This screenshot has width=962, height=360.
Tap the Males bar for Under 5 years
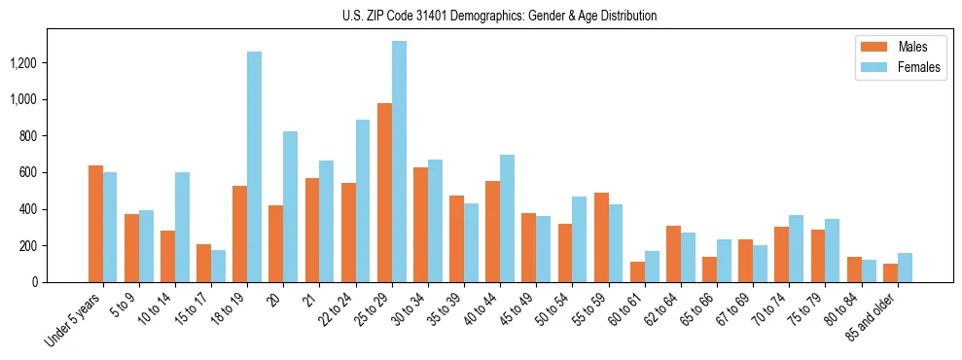(95, 224)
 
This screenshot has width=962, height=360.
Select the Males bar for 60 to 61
(637, 271)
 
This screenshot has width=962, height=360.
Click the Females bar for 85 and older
(905, 268)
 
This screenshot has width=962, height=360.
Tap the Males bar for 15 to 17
(203, 263)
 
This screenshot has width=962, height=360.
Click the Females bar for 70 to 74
(797, 248)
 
